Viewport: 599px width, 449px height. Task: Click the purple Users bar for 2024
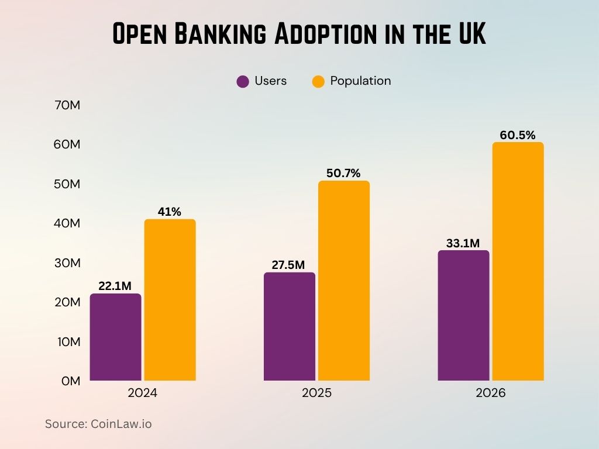(x=115, y=337)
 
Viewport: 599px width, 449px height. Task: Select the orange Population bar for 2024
(x=170, y=299)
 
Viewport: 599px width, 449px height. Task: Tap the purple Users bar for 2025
(x=289, y=326)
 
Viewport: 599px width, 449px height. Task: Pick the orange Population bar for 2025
(x=343, y=281)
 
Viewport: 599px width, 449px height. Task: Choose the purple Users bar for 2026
(x=463, y=315)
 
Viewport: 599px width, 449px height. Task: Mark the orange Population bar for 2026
(x=518, y=261)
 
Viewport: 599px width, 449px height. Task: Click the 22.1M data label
(x=114, y=286)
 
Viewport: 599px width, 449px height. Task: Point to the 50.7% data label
(x=343, y=173)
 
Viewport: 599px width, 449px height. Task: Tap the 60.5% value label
(x=517, y=135)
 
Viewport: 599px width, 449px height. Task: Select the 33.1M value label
(x=463, y=243)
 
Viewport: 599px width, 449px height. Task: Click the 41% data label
(x=169, y=212)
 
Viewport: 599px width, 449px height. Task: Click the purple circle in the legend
(x=243, y=81)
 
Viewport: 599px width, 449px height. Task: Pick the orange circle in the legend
(x=318, y=81)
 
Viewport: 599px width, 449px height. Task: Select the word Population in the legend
(x=360, y=81)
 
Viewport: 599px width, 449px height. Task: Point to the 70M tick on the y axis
(x=67, y=105)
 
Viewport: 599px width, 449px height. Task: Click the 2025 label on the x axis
(x=316, y=393)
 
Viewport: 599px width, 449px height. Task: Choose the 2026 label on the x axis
(x=490, y=393)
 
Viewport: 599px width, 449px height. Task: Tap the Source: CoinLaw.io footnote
(x=98, y=424)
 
